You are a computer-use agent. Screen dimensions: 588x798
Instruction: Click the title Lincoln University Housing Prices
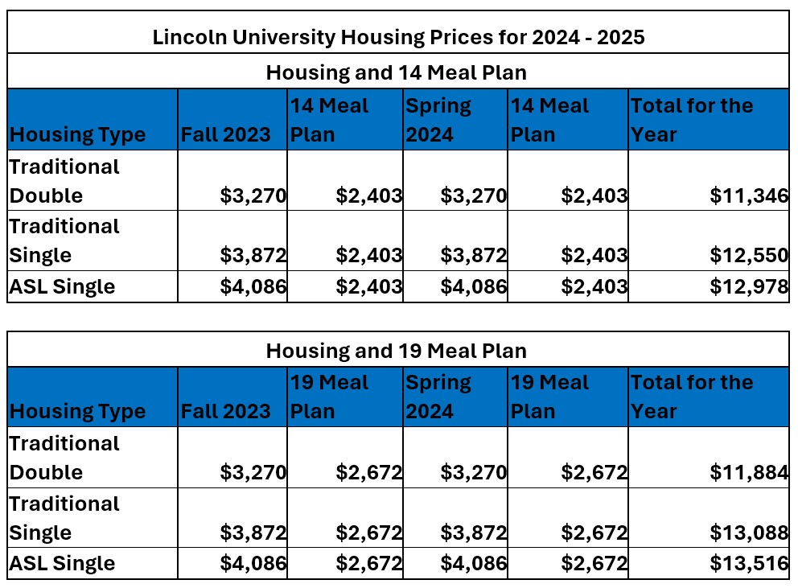point(398,37)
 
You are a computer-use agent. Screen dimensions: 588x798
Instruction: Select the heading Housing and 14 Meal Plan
point(397,72)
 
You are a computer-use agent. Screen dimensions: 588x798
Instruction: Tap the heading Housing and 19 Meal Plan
point(397,351)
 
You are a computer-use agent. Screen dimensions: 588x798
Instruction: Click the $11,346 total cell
point(748,195)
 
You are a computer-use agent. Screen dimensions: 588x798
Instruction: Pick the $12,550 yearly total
point(748,256)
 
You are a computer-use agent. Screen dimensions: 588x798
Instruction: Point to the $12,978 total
point(748,287)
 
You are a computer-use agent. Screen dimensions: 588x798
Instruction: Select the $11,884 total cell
point(748,472)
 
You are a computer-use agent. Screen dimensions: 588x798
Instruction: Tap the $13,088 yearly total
point(748,532)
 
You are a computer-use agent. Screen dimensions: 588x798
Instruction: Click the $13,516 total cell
point(748,564)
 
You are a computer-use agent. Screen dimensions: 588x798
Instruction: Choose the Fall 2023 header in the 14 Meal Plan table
point(226,134)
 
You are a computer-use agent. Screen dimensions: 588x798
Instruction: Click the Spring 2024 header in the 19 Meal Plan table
point(438,397)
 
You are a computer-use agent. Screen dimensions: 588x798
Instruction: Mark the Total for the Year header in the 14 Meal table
point(692,120)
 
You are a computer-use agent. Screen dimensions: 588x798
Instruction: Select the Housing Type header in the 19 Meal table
point(77,412)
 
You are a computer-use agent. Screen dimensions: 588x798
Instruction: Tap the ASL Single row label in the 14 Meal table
point(62,287)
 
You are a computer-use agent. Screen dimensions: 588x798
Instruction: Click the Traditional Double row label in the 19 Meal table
point(64,458)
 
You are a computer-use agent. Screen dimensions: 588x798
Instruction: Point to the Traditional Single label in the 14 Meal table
point(64,241)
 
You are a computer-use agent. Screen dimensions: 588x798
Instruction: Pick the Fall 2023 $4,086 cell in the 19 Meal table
point(253,564)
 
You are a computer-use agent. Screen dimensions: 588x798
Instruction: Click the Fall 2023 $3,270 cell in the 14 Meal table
point(253,195)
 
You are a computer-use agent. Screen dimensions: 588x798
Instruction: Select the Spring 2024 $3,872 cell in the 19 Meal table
point(474,532)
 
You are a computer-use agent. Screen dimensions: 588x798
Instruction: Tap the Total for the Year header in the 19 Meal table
point(692,397)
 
